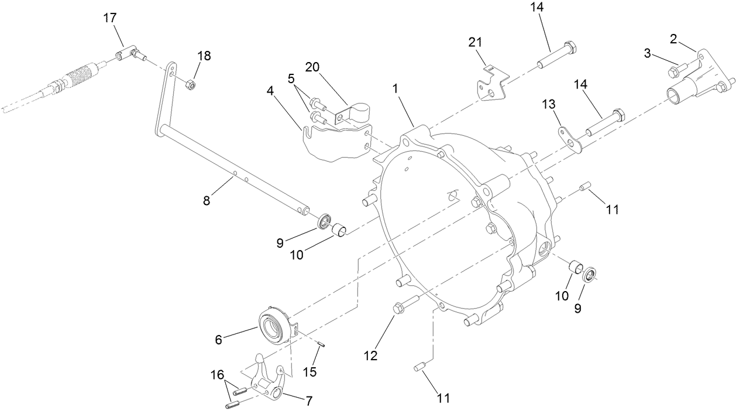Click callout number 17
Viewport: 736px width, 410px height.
[109, 18]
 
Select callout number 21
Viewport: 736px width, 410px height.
[474, 42]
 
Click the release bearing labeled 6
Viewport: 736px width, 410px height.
[274, 323]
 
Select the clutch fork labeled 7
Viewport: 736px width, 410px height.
[268, 381]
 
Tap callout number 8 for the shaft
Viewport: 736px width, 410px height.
[207, 201]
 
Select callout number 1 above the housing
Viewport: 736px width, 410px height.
[395, 88]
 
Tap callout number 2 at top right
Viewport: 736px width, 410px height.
[673, 39]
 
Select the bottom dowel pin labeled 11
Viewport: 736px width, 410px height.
[418, 367]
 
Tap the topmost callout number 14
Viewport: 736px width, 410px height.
[537, 8]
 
